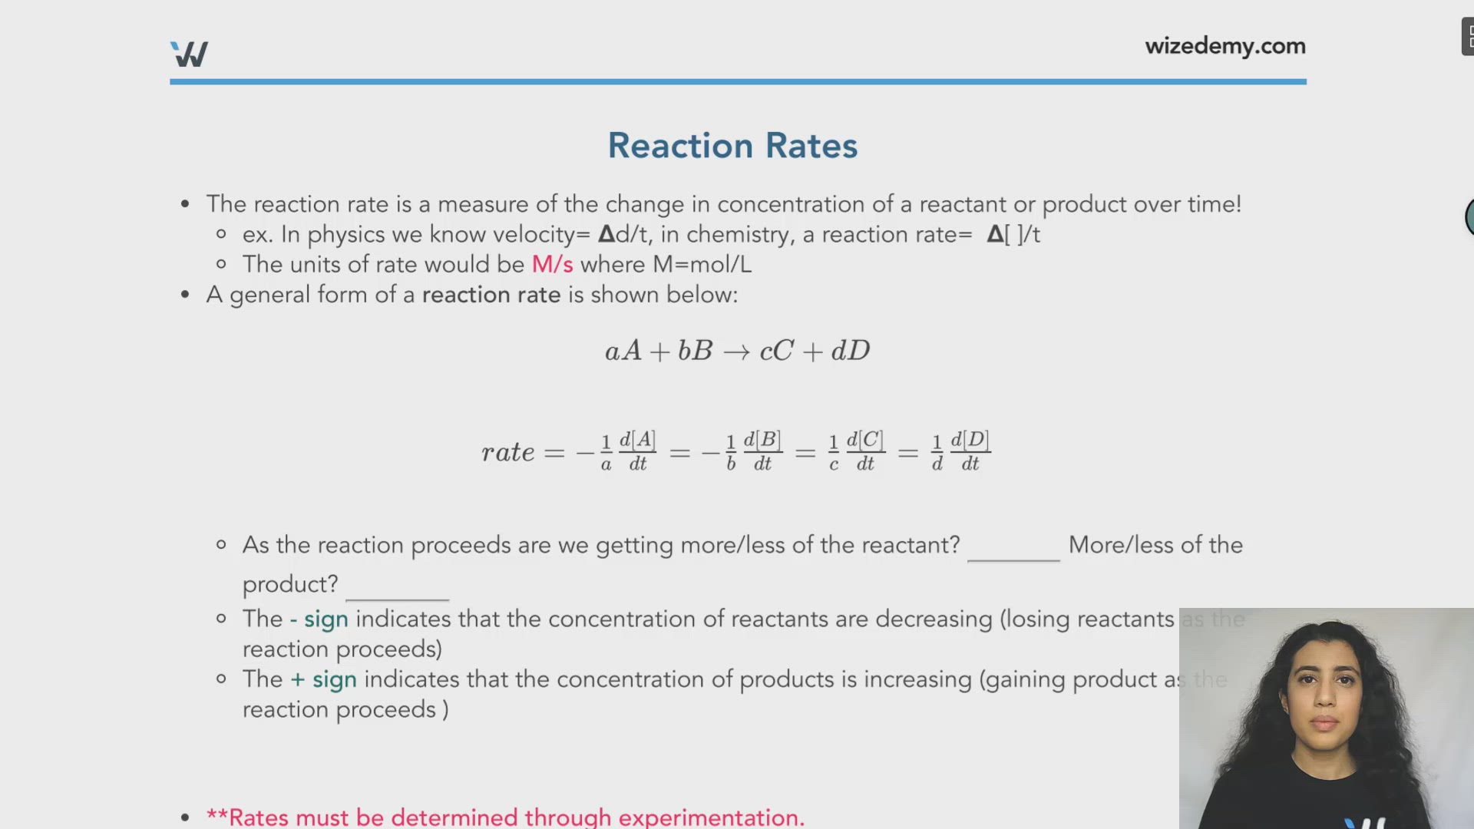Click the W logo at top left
click(x=189, y=54)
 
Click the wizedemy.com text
click(x=1224, y=47)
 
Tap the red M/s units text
click(x=552, y=265)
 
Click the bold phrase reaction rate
click(x=491, y=296)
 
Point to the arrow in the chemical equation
click(x=736, y=352)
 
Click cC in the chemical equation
click(x=776, y=352)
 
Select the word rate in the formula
click(x=507, y=452)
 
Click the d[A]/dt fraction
click(x=637, y=451)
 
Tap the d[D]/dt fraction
click(x=970, y=451)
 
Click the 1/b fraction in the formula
click(x=731, y=452)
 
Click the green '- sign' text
click(x=319, y=619)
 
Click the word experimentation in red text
click(x=709, y=817)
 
